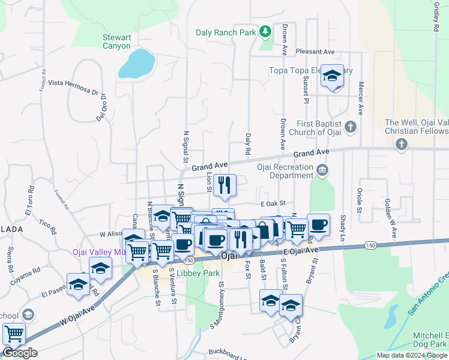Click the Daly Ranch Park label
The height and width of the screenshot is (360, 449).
(226, 32)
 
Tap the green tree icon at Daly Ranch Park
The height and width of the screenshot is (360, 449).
(265, 31)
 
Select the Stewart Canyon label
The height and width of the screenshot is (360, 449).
(116, 41)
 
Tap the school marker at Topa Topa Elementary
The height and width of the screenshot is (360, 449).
(331, 76)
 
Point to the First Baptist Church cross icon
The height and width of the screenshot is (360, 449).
(351, 127)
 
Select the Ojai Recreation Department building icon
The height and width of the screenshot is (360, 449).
(322, 171)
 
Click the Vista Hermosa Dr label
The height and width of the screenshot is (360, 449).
(73, 87)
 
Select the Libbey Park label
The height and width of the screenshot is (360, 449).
(203, 273)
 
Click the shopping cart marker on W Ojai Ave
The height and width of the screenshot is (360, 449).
(13, 334)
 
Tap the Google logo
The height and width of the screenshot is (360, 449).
(20, 353)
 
